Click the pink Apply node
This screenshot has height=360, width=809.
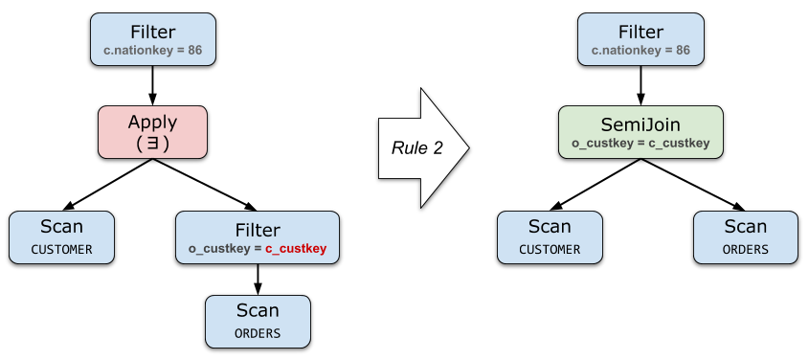coord(153,132)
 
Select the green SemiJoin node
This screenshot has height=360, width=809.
coord(640,132)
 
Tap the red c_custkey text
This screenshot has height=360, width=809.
coord(296,249)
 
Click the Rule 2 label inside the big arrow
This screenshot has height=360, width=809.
coord(416,148)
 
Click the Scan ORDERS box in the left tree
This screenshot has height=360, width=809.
coord(258,322)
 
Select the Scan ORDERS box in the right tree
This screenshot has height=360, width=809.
coord(746,237)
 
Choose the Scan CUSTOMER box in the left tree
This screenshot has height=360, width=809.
coord(61,237)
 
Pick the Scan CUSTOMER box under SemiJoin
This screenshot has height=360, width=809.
coord(550,237)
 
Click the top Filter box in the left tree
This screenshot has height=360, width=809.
coord(153,39)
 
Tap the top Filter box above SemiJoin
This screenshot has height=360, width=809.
coord(640,39)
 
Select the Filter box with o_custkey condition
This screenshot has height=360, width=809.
coord(258,237)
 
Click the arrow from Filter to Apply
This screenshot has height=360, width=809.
coord(152,85)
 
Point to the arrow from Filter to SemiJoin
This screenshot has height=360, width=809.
coord(640,85)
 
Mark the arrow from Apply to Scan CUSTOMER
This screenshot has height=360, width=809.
coord(107,184)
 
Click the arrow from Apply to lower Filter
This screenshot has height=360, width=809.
coord(205,184)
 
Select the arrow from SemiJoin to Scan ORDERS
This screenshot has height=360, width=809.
coord(693,184)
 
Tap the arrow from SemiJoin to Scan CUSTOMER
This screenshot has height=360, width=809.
coord(595,184)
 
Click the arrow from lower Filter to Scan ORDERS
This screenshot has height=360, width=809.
coord(258,280)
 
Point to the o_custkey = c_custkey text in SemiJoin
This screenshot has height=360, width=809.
coord(640,143)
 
